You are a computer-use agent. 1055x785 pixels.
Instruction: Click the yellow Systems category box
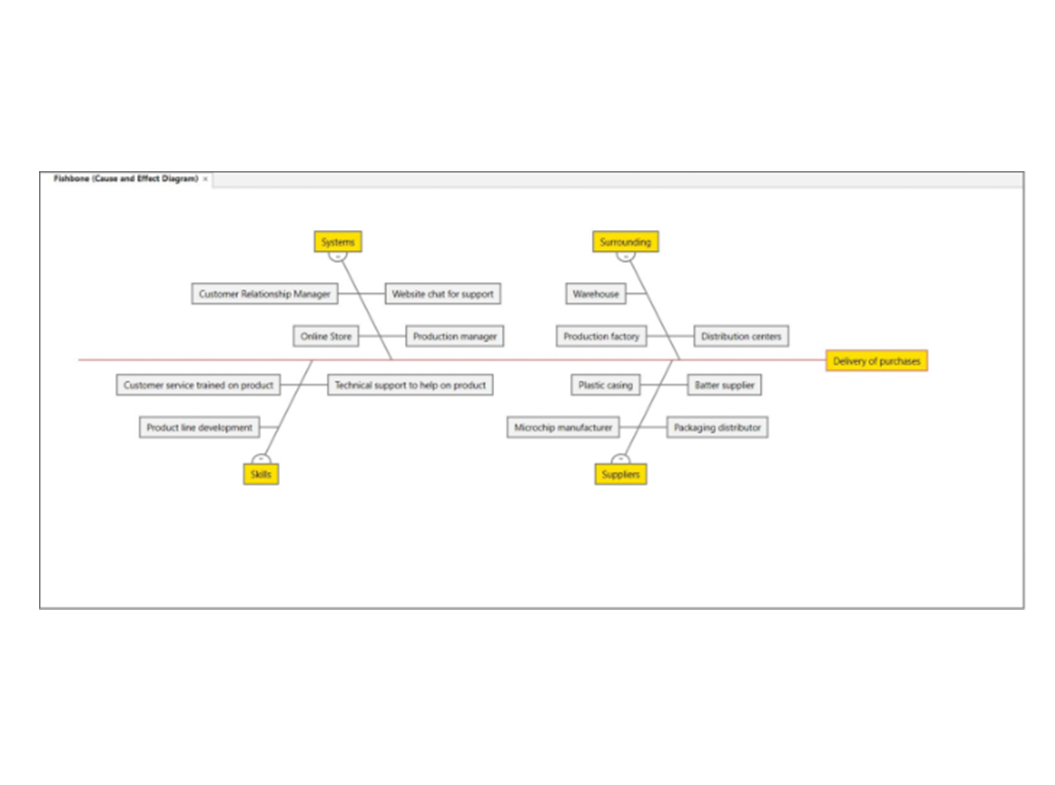pos(338,242)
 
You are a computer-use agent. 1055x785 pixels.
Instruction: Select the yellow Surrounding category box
pos(625,242)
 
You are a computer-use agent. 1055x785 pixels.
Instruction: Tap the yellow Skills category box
pos(261,474)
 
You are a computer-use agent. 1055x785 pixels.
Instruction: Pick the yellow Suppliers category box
pos(620,474)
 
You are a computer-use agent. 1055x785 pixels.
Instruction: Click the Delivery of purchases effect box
pos(876,361)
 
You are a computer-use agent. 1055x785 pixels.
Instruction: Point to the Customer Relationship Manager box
pos(264,294)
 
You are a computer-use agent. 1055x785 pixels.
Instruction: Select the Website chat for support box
pos(443,294)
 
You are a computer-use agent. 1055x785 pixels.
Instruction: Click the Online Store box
pos(325,336)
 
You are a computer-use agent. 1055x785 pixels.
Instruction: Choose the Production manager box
pos(454,336)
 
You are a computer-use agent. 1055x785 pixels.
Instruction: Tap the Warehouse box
pos(595,294)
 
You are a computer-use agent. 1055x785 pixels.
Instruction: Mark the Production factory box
pos(601,336)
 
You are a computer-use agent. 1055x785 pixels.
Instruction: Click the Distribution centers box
pos(741,336)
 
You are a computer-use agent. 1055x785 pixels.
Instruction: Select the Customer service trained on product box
pos(198,385)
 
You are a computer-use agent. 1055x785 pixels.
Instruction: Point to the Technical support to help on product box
pos(410,385)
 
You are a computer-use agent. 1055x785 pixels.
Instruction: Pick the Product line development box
pos(199,427)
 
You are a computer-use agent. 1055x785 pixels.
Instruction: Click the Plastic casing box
pos(605,385)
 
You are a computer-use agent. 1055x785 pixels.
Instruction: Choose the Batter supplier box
pos(724,385)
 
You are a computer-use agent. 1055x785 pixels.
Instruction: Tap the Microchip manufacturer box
pos(563,427)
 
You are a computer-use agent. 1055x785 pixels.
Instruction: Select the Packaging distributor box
pos(717,427)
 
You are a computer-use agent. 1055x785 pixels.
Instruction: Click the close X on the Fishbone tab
pos(205,179)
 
